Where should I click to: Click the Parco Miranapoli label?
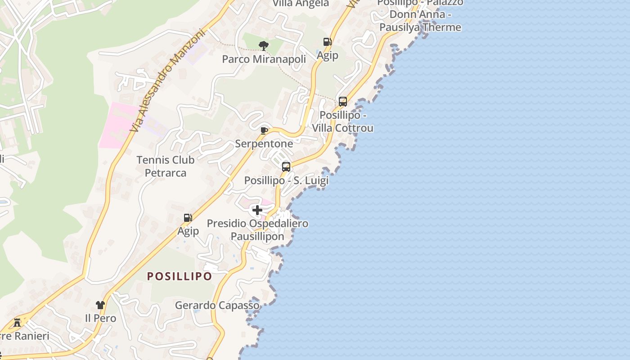coord(264,59)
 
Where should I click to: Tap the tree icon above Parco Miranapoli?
coord(264,45)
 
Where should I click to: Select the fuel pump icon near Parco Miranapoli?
coord(328,42)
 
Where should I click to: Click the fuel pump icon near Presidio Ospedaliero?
coord(188,218)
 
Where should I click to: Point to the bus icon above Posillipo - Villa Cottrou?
coord(343,102)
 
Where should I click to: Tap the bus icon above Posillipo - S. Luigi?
coord(286,167)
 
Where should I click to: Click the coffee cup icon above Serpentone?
coord(264,130)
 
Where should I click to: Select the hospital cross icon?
coord(257,210)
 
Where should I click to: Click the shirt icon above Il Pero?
coord(100,305)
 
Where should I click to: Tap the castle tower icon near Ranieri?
coord(17,322)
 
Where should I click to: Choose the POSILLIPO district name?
coord(180,276)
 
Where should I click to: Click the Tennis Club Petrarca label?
coord(166,166)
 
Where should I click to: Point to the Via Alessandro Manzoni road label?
coord(167,81)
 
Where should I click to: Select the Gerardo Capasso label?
coord(217,306)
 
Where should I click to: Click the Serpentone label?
coord(264,144)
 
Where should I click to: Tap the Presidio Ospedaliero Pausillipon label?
coord(257,230)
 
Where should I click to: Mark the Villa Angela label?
coord(301,4)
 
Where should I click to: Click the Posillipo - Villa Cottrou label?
coord(343,121)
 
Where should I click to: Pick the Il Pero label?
coord(100,319)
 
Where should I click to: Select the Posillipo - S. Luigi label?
coord(286,180)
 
